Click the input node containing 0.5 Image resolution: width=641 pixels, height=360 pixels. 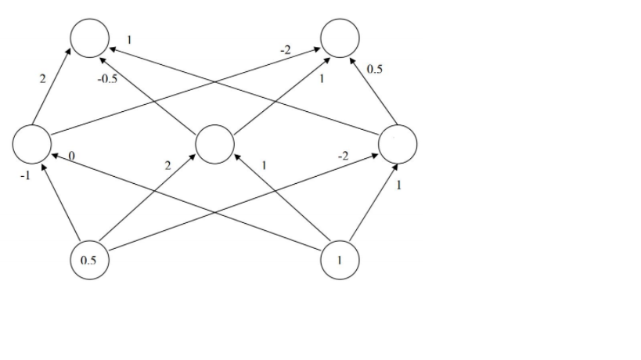click(88, 260)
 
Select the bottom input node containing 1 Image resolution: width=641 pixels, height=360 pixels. click(340, 260)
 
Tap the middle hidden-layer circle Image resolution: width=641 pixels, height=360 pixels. click(214, 144)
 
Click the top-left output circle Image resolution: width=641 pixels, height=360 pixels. click(89, 38)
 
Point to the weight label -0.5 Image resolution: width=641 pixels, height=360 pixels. click(106, 80)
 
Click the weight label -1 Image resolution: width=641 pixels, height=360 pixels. click(24, 176)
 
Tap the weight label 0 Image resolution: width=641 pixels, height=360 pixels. click(71, 157)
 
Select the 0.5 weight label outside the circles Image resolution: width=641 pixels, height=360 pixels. click(375, 70)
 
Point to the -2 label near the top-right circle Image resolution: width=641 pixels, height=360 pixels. click(286, 50)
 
